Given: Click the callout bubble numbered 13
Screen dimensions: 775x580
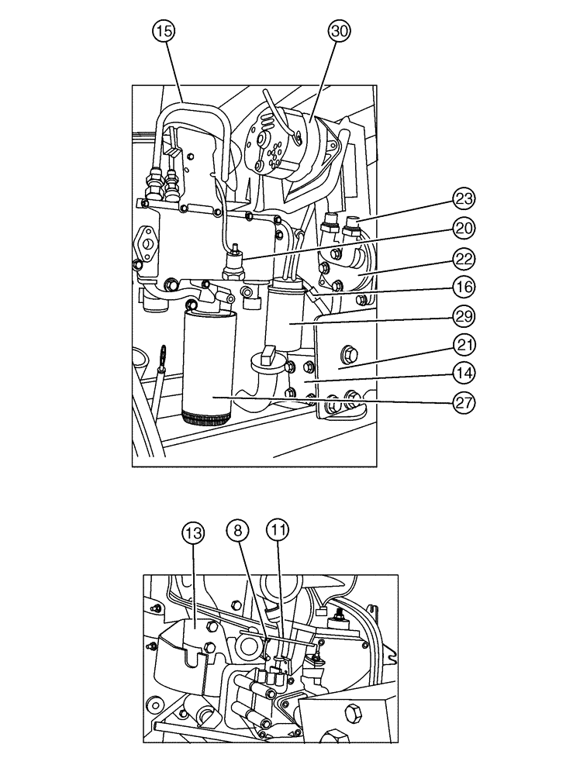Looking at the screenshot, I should [x=194, y=532].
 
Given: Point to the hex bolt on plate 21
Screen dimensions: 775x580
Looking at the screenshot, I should [x=348, y=356].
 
